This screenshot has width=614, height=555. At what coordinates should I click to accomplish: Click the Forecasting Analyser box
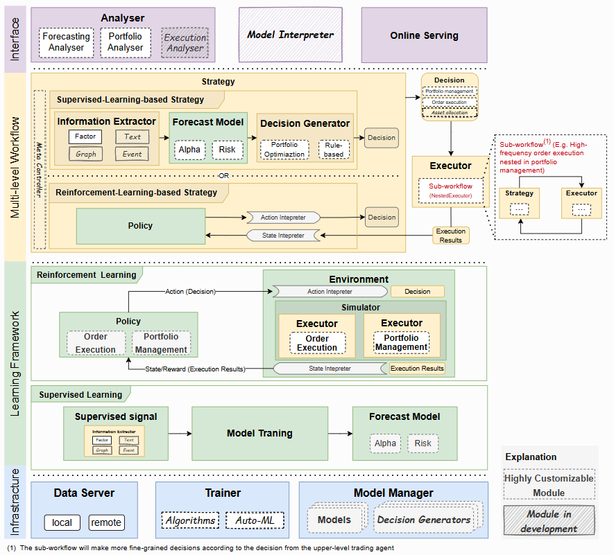67,42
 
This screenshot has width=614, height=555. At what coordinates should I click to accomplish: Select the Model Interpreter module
291,35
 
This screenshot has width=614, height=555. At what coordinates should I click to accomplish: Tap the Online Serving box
424,35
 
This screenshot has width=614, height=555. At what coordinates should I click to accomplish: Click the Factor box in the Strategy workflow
85,137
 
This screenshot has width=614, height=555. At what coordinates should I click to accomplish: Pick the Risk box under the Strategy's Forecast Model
227,150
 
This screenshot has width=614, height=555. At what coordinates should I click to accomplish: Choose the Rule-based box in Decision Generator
334,150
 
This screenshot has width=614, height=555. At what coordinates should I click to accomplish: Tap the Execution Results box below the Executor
450,236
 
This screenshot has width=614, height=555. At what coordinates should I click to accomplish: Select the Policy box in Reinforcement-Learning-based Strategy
140,226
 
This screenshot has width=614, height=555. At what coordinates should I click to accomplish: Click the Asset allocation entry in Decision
450,112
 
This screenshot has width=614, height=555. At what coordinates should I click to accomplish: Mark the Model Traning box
259,434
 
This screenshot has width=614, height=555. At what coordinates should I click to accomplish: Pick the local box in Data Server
62,522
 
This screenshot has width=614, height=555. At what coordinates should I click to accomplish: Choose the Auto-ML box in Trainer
255,520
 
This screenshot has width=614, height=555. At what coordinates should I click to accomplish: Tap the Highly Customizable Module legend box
549,485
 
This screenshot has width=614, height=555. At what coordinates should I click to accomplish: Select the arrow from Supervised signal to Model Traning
180,434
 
